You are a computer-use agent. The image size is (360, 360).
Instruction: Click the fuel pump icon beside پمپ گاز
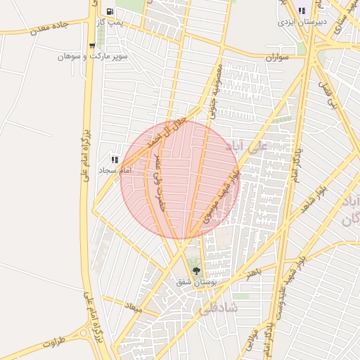pyautogui.click(x=110, y=11)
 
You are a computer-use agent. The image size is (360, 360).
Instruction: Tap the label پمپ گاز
pyautogui.click(x=110, y=22)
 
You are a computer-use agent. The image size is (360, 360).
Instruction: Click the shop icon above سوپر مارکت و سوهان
pyautogui.click(x=92, y=46)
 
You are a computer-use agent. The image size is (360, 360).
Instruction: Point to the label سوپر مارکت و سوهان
pyautogui.click(x=92, y=56)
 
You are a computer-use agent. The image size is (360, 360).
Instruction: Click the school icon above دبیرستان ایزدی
pyautogui.click(x=302, y=11)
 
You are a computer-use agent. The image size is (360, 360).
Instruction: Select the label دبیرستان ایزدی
pyautogui.click(x=302, y=22)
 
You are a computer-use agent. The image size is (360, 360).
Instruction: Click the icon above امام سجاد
pyautogui.click(x=115, y=160)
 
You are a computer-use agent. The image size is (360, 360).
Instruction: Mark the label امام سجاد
pyautogui.click(x=115, y=171)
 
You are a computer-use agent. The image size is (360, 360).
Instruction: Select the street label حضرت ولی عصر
pyautogui.click(x=162, y=180)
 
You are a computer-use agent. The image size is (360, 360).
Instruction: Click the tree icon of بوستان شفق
pyautogui.click(x=195, y=270)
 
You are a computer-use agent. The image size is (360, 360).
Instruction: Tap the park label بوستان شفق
pyautogui.click(x=195, y=281)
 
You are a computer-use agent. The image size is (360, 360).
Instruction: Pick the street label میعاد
pyautogui.click(x=133, y=307)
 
